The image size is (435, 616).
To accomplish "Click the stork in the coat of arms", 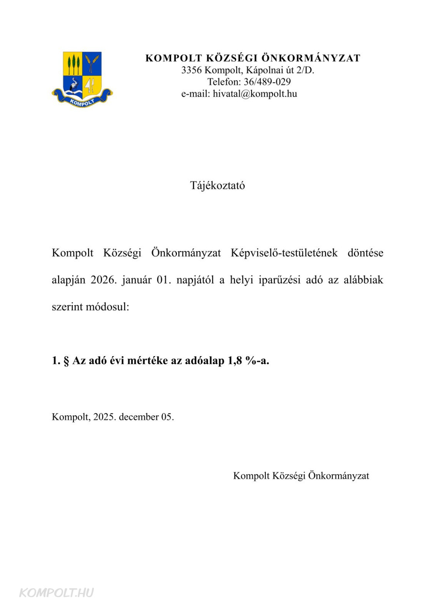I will coord(73,85).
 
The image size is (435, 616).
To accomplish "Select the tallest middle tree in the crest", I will coord(73,64).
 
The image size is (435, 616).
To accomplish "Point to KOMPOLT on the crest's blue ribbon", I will coord(82,102).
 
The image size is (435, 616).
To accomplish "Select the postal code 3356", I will coord(191,70).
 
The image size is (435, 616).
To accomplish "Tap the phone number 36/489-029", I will coord(267,82).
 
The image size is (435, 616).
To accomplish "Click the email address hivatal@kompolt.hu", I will coord(255,94).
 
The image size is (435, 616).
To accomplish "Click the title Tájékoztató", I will coord(217,186).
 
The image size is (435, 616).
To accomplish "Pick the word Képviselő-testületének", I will coord(284,253).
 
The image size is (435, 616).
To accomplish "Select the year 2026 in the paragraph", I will coord(103,280).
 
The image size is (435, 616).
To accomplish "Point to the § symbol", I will coord(66,361).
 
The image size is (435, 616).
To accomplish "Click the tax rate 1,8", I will coord(235,361).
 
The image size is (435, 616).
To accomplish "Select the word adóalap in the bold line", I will coord(205,361).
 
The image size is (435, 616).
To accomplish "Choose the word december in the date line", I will coord(138,417).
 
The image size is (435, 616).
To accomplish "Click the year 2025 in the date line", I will coord(104,417).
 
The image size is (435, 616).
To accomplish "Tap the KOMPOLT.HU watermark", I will coord(56,593).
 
